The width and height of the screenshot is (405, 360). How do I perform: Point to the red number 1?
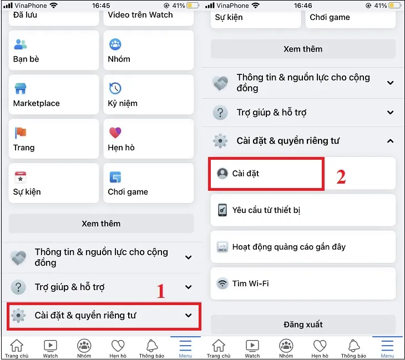click(161, 291)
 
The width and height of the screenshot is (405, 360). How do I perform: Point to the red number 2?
click(341, 176)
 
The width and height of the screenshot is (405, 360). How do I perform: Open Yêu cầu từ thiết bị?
click(302, 210)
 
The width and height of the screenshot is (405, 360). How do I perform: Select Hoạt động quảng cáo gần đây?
click(302, 247)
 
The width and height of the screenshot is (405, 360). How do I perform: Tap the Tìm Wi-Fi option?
click(302, 283)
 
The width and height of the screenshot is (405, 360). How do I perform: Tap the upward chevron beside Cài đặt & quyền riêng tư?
click(390, 141)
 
